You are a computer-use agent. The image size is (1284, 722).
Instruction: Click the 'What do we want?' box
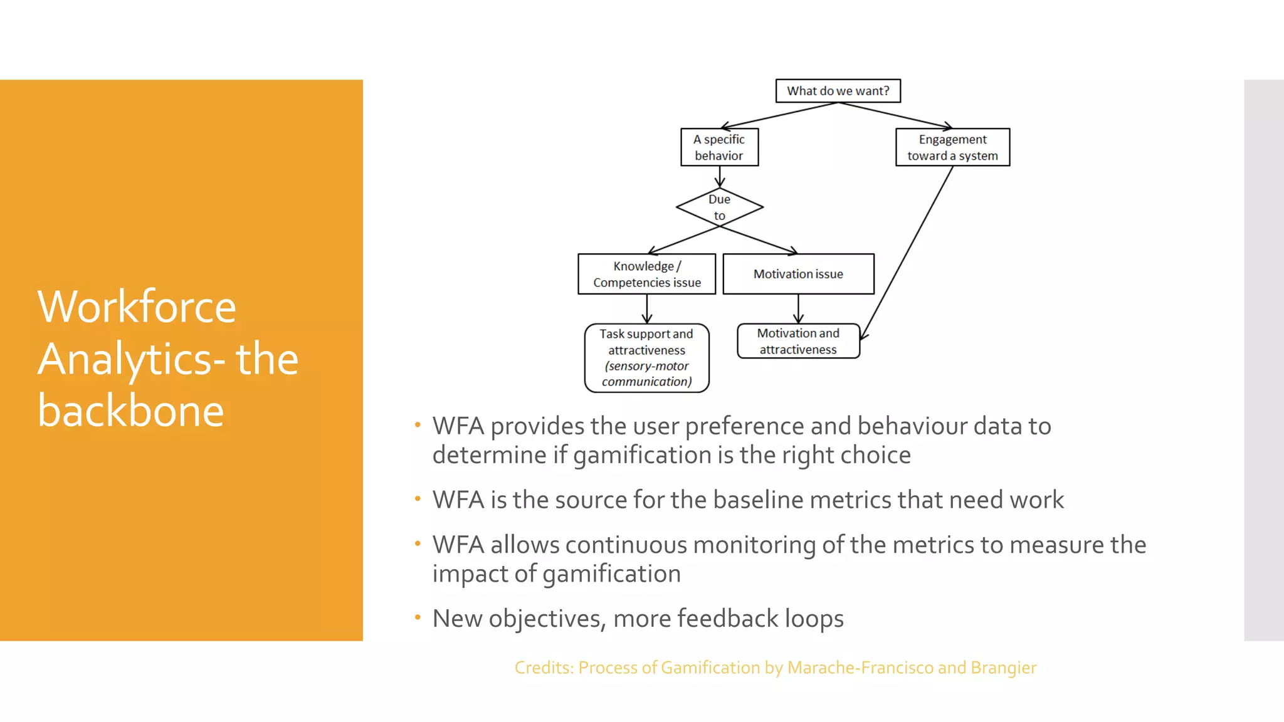tap(838, 91)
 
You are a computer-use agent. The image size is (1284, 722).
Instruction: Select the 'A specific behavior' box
tap(719, 147)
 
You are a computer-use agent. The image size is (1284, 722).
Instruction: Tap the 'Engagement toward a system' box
tap(952, 147)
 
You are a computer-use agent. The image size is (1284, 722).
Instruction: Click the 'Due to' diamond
tap(719, 207)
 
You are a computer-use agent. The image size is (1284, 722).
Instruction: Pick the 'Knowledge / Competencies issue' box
tap(646, 274)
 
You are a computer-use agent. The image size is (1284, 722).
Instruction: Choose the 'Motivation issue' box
tap(798, 274)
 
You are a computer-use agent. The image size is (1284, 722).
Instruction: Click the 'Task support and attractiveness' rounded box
tap(646, 358)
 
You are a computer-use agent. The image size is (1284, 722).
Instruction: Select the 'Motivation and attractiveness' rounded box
tap(798, 341)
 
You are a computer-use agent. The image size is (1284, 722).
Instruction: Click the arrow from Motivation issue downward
tap(798, 308)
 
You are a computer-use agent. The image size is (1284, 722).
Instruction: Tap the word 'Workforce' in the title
tap(137, 307)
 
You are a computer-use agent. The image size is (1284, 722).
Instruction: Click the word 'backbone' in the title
tap(130, 411)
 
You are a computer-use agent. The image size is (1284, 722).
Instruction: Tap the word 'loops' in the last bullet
tap(814, 619)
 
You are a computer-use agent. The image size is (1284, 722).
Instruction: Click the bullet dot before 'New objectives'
tap(418, 617)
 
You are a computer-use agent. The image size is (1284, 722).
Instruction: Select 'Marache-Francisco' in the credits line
tap(860, 668)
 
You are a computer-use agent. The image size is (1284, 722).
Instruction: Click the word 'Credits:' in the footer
tap(544, 668)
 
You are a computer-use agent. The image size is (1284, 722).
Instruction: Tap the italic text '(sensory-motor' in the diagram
tap(646, 366)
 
